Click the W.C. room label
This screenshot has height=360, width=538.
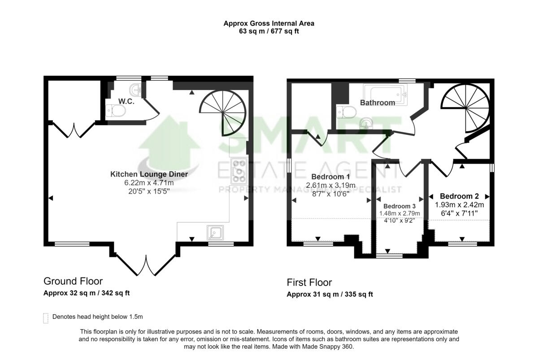126,101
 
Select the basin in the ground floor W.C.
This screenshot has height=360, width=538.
136,89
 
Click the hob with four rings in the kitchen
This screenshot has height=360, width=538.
239,171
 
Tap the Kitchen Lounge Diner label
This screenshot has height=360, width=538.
149,174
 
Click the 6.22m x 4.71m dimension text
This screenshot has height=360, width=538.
149,183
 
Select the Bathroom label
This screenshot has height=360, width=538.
377,103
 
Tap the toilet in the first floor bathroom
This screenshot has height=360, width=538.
346,111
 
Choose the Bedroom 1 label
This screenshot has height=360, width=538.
330,177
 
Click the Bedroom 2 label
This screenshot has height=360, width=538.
459,196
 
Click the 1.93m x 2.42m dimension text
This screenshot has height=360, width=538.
459,204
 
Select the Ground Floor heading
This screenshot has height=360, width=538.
73,281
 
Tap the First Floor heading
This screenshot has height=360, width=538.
309,282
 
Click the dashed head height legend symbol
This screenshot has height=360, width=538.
46,317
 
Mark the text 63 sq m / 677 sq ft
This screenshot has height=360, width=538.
269,32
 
